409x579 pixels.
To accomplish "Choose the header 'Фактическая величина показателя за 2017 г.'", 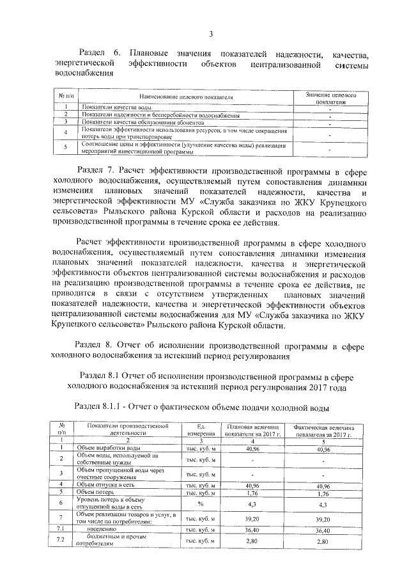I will (x=328, y=429).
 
